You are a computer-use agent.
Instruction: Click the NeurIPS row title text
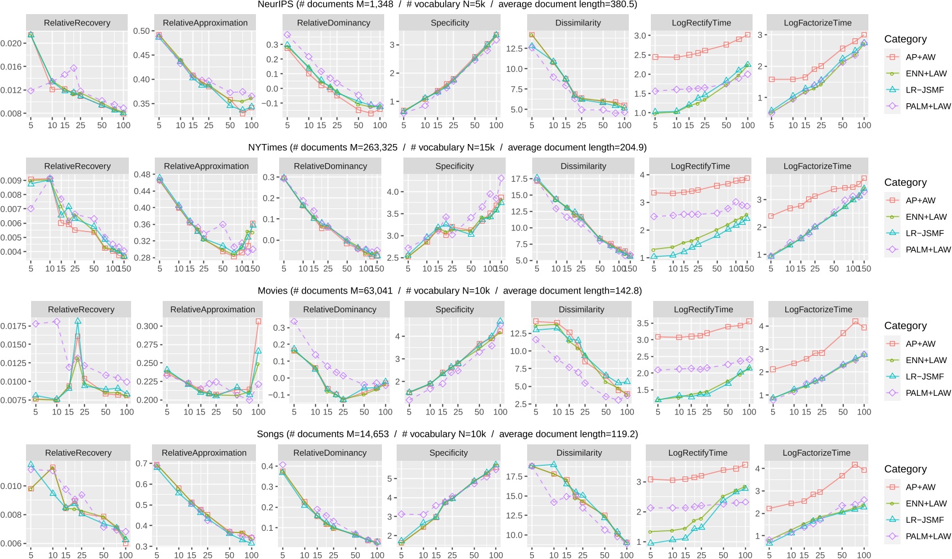pyautogui.click(x=447, y=5)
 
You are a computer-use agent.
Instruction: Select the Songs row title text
pyautogui.click(x=447, y=434)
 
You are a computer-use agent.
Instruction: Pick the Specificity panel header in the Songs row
pyautogui.click(x=448, y=453)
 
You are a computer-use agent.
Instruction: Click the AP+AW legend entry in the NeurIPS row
pyautogui.click(x=920, y=57)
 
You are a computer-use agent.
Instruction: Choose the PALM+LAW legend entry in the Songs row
pyautogui.click(x=928, y=536)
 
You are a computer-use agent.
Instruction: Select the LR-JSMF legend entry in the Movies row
pyautogui.click(x=924, y=377)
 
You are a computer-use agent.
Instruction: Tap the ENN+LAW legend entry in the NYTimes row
pyautogui.click(x=925, y=217)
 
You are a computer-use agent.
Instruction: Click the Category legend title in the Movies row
pyautogui.click(x=905, y=326)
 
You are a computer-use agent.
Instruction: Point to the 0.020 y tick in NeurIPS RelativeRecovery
pyautogui.click(x=11, y=43)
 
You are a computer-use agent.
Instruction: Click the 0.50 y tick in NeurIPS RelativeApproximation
pyautogui.click(x=141, y=31)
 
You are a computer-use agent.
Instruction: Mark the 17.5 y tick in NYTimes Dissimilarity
pyautogui.click(x=519, y=179)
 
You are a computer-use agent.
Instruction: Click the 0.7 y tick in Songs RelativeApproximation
pyautogui.click(x=141, y=464)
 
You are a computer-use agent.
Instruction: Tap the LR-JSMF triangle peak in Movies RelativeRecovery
pyautogui.click(x=78, y=321)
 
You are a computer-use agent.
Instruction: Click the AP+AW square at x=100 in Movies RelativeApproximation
pyautogui.click(x=258, y=321)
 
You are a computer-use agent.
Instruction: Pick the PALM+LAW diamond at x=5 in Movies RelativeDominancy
pyautogui.click(x=294, y=322)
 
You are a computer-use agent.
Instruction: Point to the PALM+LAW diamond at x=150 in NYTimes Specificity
pyautogui.click(x=501, y=178)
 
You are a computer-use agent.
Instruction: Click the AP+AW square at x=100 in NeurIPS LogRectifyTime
pyautogui.click(x=747, y=35)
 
